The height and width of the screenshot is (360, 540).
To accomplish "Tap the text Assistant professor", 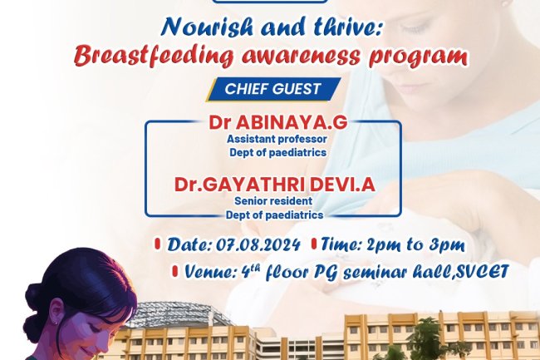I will tap(277, 140).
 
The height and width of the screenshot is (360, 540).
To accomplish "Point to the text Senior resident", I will tap(274, 201).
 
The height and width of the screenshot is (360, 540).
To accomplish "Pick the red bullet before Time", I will tap(314, 245).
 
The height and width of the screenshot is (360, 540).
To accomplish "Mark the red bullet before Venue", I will tap(175, 271).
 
